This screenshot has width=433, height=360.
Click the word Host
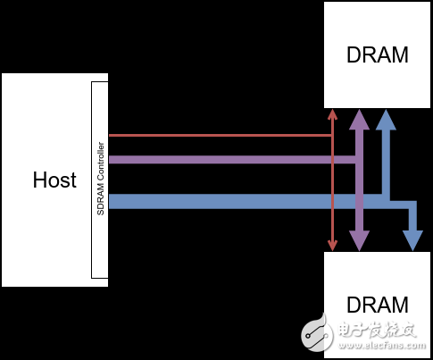click(x=54, y=180)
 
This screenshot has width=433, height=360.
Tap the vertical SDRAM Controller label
click(x=101, y=180)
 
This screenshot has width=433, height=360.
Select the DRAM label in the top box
click(x=377, y=54)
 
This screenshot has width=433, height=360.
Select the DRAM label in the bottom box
click(x=377, y=305)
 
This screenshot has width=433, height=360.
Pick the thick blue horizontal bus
click(x=241, y=202)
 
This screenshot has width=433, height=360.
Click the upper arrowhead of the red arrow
click(x=332, y=115)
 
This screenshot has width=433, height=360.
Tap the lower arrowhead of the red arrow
click(x=332, y=245)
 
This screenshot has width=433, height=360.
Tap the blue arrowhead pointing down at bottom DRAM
click(x=412, y=239)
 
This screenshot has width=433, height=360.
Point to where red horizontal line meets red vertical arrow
click(x=332, y=136)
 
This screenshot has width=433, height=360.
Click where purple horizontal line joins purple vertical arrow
click(x=359, y=161)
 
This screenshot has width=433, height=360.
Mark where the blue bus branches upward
click(x=386, y=200)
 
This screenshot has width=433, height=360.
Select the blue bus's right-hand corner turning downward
click(x=412, y=205)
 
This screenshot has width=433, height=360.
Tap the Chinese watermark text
click(x=375, y=330)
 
